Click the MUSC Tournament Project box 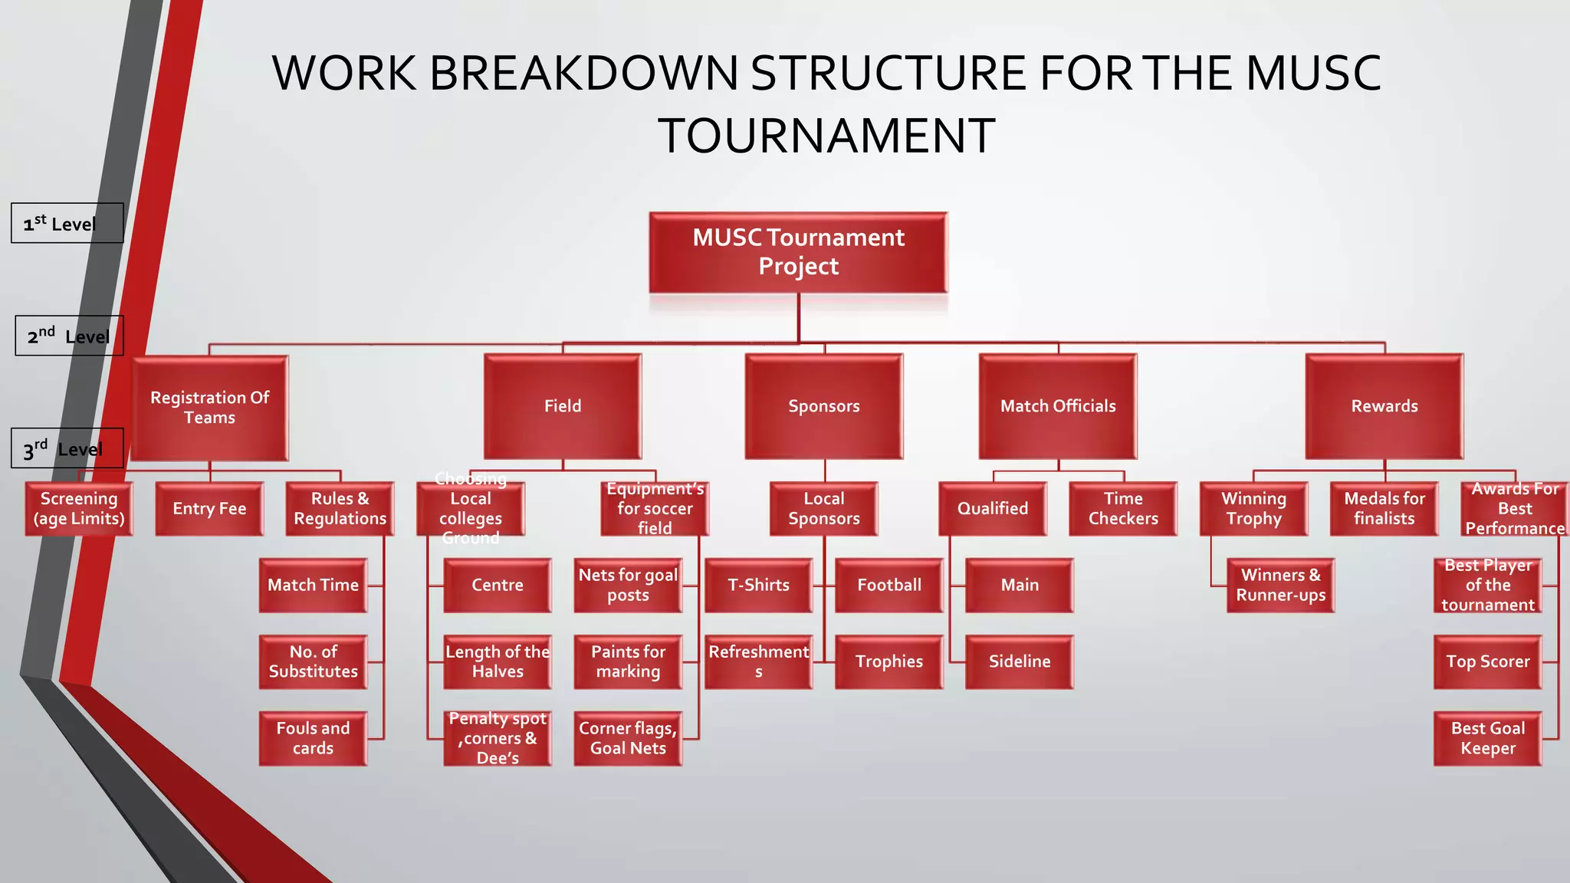(798, 252)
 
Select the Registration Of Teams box (209, 407)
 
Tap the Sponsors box (824, 406)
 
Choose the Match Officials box (1058, 406)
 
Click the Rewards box (1384, 406)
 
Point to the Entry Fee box (209, 508)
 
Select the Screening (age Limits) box (79, 508)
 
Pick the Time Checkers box (1123, 508)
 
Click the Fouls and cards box (313, 738)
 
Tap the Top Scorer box (1487, 661)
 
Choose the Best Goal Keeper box (1487, 738)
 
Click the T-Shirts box (758, 585)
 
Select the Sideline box (1019, 661)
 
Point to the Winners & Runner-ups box (1280, 585)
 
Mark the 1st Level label (67, 223)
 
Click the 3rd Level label (67, 448)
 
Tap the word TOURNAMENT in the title (826, 136)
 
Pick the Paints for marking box (628, 661)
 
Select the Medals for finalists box (1384, 508)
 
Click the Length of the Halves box (498, 661)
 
